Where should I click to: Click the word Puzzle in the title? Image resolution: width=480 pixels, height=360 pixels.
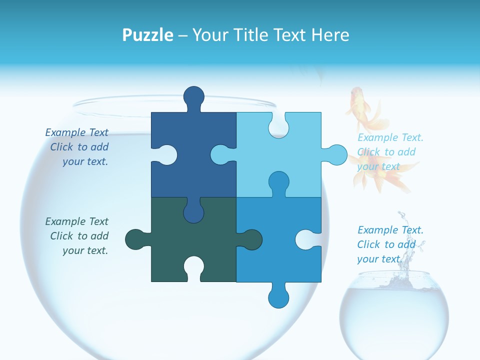[x=147, y=35]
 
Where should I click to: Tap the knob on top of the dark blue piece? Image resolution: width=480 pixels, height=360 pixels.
[x=193, y=97]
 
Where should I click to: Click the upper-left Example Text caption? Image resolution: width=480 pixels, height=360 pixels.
[x=78, y=147]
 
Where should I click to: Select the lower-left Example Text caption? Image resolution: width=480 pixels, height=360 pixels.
[x=78, y=236]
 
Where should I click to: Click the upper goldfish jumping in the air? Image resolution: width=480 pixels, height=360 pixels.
[x=364, y=109]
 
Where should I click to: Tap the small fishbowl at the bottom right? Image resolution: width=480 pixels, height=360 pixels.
[x=394, y=315]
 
